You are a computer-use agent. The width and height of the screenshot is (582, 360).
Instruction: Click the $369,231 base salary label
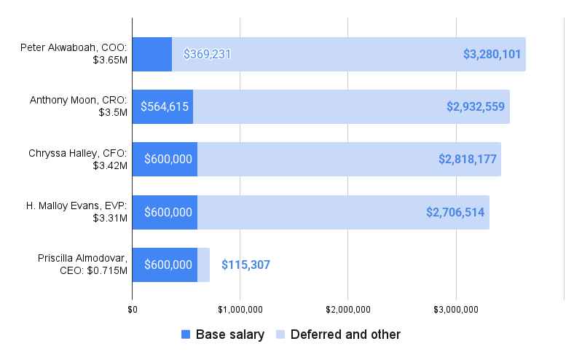point(207,54)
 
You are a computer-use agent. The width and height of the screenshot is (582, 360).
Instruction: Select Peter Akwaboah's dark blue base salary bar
point(152,54)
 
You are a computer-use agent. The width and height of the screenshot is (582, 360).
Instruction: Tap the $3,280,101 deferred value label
point(492,54)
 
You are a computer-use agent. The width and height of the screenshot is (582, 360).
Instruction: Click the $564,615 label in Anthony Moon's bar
point(165,106)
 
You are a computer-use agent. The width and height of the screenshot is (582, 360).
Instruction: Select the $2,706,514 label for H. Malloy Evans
point(455,212)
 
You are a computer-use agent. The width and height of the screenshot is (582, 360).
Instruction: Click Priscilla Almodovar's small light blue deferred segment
point(203,265)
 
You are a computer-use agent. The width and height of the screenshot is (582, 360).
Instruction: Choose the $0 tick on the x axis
point(132,310)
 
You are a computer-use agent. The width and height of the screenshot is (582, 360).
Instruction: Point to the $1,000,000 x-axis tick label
point(240,310)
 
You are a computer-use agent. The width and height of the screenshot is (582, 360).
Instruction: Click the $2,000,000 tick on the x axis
point(348,310)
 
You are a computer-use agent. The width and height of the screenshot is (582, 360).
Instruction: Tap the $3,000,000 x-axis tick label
point(456,310)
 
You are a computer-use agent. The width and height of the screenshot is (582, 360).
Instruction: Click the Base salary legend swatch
point(185,334)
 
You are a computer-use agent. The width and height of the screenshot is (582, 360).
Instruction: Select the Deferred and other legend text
point(345,334)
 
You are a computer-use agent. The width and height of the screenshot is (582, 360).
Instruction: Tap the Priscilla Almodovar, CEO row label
point(82,264)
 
